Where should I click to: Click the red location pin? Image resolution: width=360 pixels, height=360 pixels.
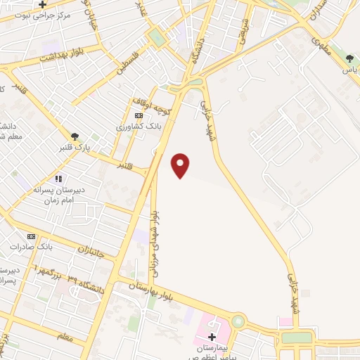coord(181,165)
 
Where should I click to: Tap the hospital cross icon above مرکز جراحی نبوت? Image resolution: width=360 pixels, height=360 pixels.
coord(41,5)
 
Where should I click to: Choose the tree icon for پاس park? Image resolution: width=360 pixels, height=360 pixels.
coord(349,59)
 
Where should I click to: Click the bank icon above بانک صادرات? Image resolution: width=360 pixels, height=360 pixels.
coord(31,236)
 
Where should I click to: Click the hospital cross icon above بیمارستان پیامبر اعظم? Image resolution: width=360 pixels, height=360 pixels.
coord(212,337)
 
